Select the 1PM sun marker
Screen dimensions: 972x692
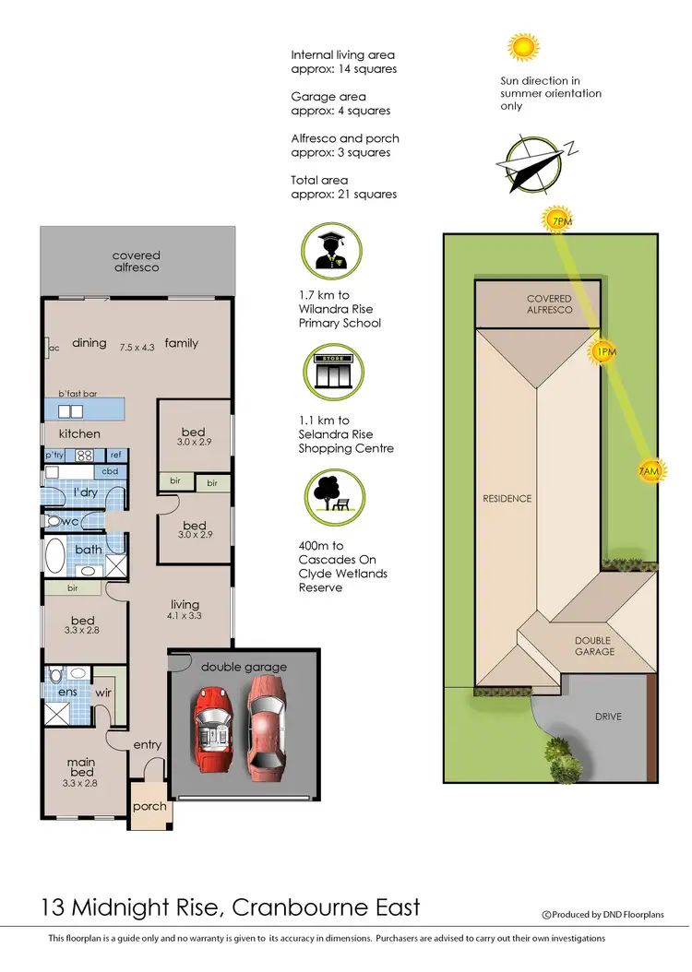click(604, 352)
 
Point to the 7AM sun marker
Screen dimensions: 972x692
click(650, 471)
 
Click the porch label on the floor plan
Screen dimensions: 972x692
click(149, 806)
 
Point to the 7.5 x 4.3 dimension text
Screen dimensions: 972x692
click(138, 349)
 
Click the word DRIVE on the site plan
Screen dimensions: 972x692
click(607, 717)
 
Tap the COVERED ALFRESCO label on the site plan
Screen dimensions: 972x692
click(549, 304)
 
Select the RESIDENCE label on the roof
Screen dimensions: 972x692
click(507, 499)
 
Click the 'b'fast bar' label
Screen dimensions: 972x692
click(78, 394)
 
